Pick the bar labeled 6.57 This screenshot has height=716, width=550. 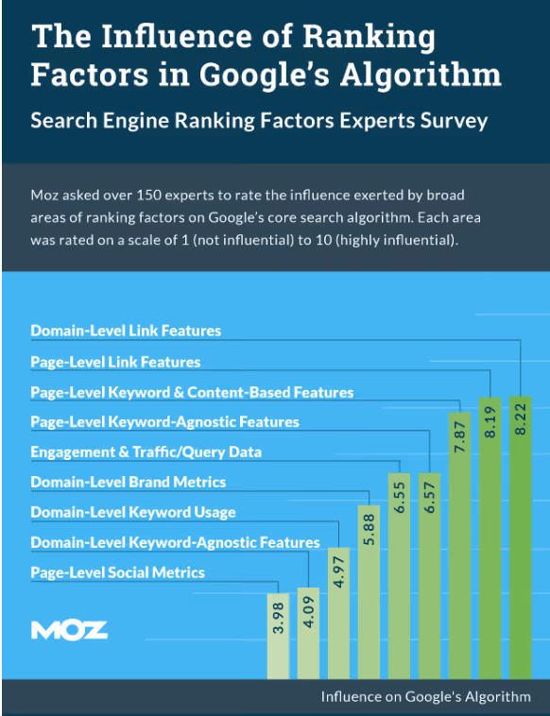click(429, 575)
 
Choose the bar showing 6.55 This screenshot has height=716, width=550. click(399, 575)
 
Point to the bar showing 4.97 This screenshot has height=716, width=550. click(338, 613)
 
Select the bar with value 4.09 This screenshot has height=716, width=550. click(308, 633)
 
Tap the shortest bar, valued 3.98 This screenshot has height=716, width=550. click(278, 636)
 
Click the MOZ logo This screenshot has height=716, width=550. click(69, 630)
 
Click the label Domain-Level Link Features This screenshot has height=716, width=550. click(126, 331)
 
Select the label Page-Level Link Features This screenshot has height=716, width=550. click(115, 361)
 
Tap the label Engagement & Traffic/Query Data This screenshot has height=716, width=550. click(146, 452)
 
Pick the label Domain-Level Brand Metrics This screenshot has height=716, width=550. click(128, 482)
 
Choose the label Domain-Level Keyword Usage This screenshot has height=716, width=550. click(132, 512)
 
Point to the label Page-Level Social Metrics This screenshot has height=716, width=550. click(117, 572)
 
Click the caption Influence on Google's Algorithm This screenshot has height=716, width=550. click(425, 697)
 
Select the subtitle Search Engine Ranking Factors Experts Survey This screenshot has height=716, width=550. click(258, 120)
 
